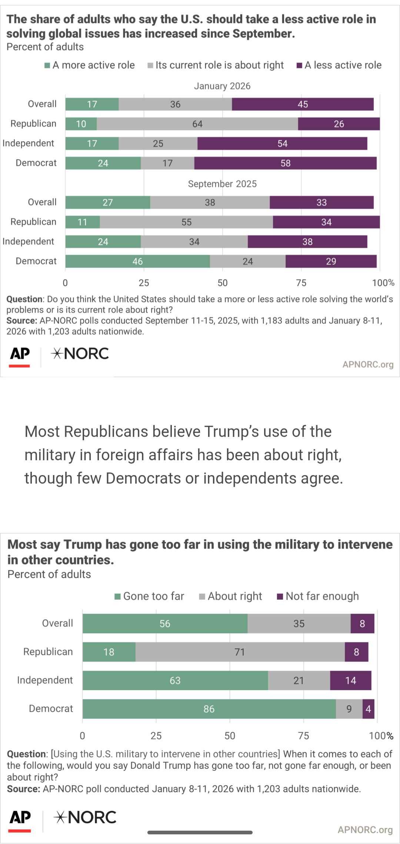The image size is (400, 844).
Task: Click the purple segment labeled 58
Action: point(285,163)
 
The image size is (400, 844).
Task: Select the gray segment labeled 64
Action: point(197,124)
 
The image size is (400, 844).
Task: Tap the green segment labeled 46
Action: point(137,261)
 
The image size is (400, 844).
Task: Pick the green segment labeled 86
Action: point(209,709)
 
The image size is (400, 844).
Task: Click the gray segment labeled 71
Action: point(240,652)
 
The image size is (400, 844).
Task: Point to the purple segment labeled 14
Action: point(350,680)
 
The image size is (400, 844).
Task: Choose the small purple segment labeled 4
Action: point(368,709)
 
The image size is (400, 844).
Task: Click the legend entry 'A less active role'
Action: point(339,65)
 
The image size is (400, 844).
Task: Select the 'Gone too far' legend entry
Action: point(149,596)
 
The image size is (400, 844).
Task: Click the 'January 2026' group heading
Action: point(222,86)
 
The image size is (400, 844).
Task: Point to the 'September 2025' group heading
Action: point(222,184)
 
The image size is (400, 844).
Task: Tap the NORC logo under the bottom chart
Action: point(85,817)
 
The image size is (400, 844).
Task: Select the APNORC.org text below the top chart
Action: point(368,365)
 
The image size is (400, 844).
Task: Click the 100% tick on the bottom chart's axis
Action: point(381,736)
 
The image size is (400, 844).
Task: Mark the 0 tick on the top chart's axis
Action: point(65,283)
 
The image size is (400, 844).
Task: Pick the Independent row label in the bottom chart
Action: point(45,680)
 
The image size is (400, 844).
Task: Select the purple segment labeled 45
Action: point(303,104)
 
